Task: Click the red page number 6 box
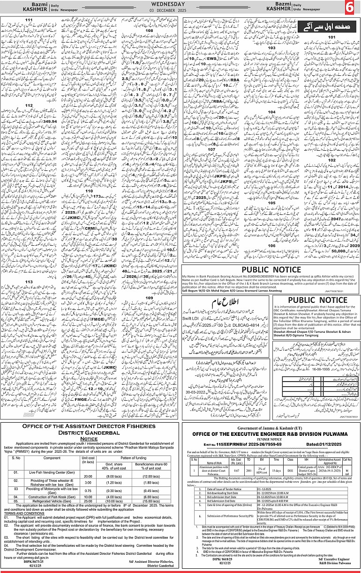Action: [x=349, y=8]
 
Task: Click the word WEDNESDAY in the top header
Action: [x=179, y=4]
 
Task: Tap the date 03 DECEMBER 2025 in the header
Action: [x=179, y=10]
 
